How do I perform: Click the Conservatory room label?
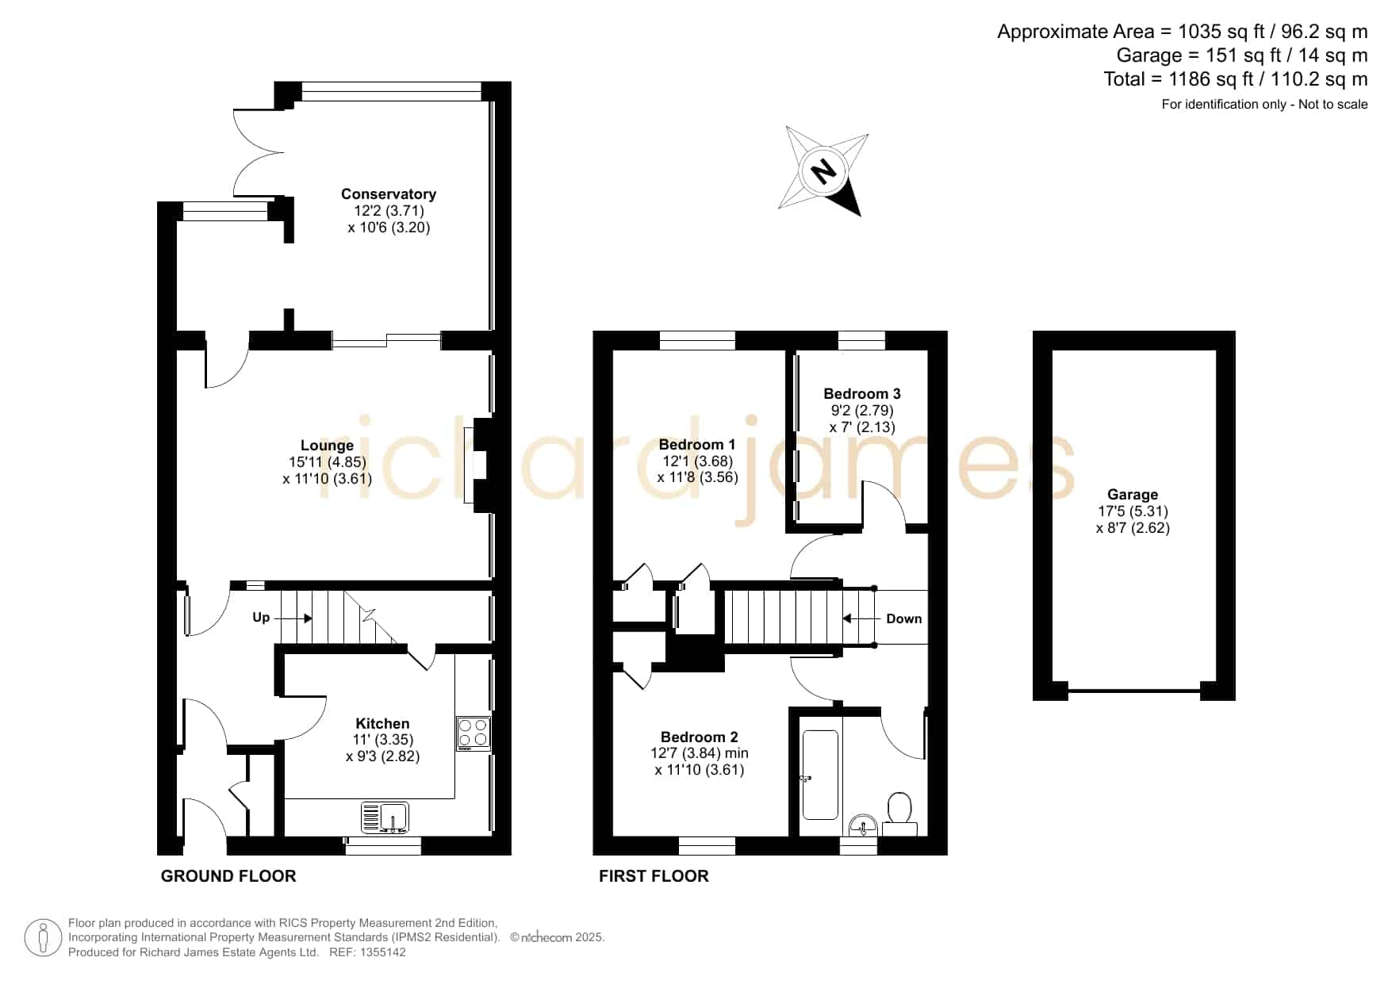[x=389, y=194]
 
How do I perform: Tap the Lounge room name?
[x=327, y=446]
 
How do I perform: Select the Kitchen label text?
[x=382, y=723]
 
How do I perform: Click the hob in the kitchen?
[x=474, y=734]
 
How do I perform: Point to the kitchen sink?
[x=385, y=817]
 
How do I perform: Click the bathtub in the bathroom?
[x=820, y=775]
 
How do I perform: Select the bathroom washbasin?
[x=862, y=825]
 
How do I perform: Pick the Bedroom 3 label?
[x=862, y=394]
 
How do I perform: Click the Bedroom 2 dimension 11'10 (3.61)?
[x=700, y=770]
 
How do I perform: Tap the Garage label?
[x=1133, y=495]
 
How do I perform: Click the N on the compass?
[x=825, y=170]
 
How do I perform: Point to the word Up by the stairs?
[x=261, y=617]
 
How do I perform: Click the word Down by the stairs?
[x=904, y=618]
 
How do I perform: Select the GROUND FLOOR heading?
[x=228, y=876]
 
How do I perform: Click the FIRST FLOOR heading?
[x=654, y=876]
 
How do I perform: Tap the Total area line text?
[x=1236, y=79]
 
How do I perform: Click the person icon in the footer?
[x=43, y=939]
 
